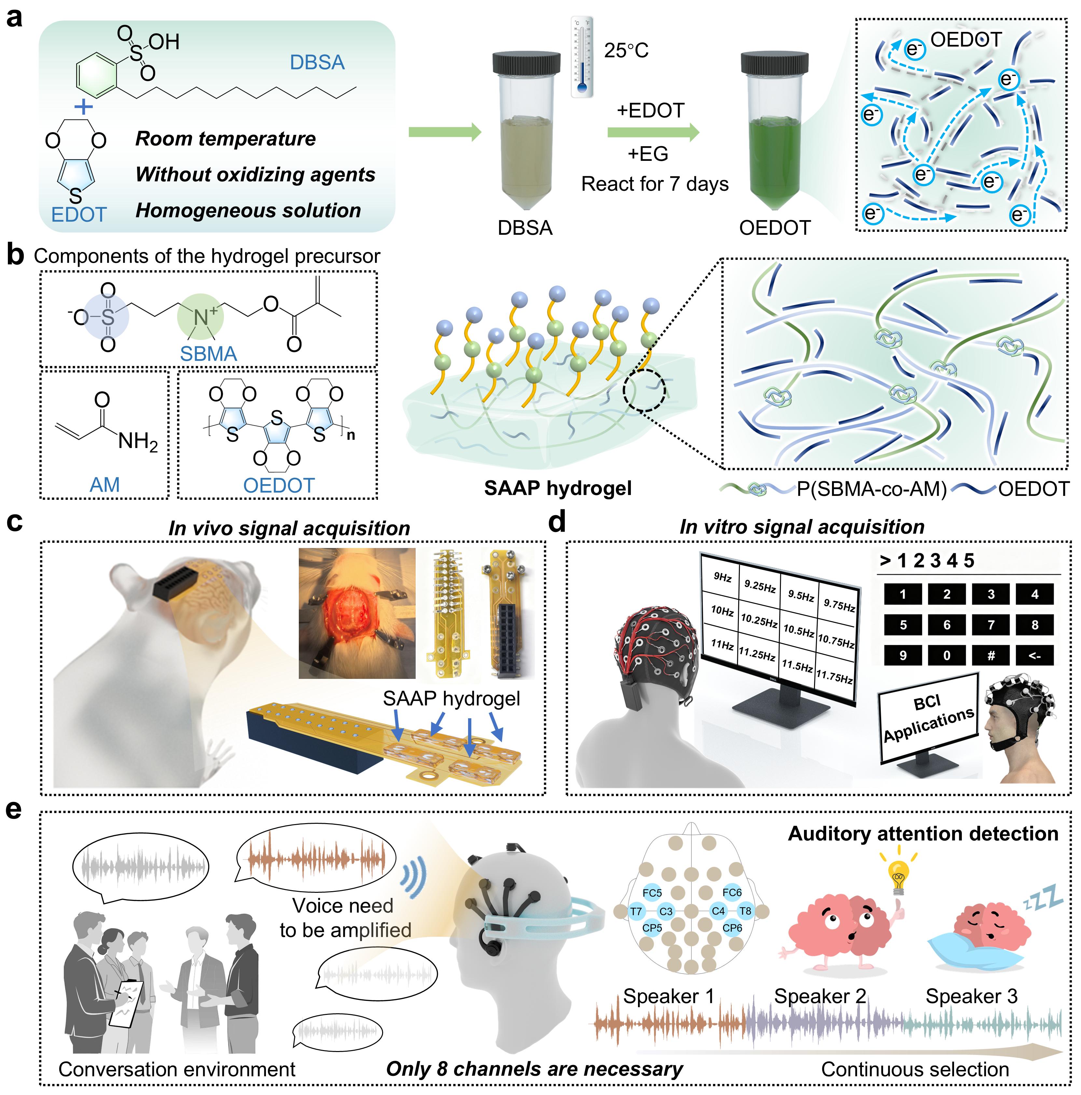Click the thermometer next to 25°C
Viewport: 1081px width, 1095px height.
pos(582,57)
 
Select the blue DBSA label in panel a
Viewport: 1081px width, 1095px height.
pos(317,62)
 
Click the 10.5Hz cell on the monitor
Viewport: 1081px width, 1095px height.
pos(799,630)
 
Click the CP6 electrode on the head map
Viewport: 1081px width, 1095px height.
pos(732,928)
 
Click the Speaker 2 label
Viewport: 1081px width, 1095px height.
pos(820,996)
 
